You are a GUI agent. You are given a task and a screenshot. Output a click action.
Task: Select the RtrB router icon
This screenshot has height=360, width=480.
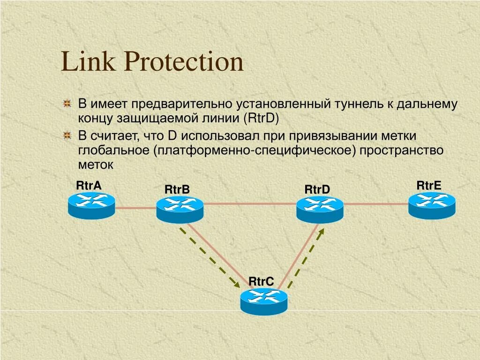(x=180, y=209)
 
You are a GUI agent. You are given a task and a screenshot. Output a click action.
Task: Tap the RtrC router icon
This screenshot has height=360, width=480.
(x=264, y=300)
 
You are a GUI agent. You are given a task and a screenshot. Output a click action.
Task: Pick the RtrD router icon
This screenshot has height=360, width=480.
(x=320, y=209)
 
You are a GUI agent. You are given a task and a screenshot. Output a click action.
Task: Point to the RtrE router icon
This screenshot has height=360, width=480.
(x=432, y=205)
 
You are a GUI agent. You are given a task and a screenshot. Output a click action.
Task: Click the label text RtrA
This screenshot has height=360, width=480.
(x=89, y=186)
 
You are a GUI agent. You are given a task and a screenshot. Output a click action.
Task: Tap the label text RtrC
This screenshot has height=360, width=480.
(x=261, y=281)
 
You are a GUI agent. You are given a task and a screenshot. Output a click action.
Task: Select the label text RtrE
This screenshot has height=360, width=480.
(x=429, y=185)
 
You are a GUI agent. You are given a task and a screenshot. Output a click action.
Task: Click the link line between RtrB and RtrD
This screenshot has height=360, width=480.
(x=250, y=203)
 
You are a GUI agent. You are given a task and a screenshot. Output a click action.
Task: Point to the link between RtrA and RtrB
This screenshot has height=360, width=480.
(x=135, y=207)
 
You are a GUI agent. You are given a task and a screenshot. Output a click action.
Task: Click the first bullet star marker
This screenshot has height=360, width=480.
(x=67, y=104)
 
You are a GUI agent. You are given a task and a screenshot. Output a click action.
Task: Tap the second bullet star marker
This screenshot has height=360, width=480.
(x=67, y=136)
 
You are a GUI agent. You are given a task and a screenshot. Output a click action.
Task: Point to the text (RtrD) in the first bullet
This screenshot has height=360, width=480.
(x=261, y=118)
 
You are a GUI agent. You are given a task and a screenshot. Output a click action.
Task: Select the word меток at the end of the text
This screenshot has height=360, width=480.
(x=96, y=165)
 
